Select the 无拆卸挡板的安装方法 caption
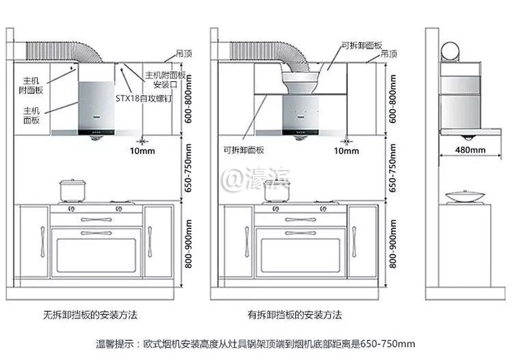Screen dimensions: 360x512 (91, 316)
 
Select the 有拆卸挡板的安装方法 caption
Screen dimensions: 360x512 (295, 316)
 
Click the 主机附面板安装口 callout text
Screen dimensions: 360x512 (164, 80)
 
